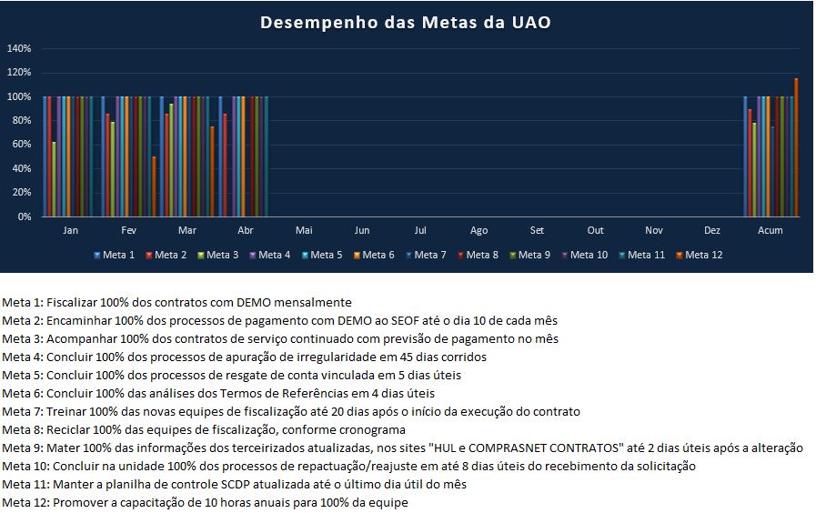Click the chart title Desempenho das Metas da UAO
tap(405, 22)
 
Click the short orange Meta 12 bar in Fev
tap(154, 186)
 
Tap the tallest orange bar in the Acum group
tap(796, 147)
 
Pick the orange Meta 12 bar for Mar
tap(212, 171)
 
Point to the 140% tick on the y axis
tap(19, 48)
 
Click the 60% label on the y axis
tap(21, 145)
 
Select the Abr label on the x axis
tap(245, 231)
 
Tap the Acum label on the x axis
tap(770, 231)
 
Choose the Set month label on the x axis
tap(537, 231)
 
